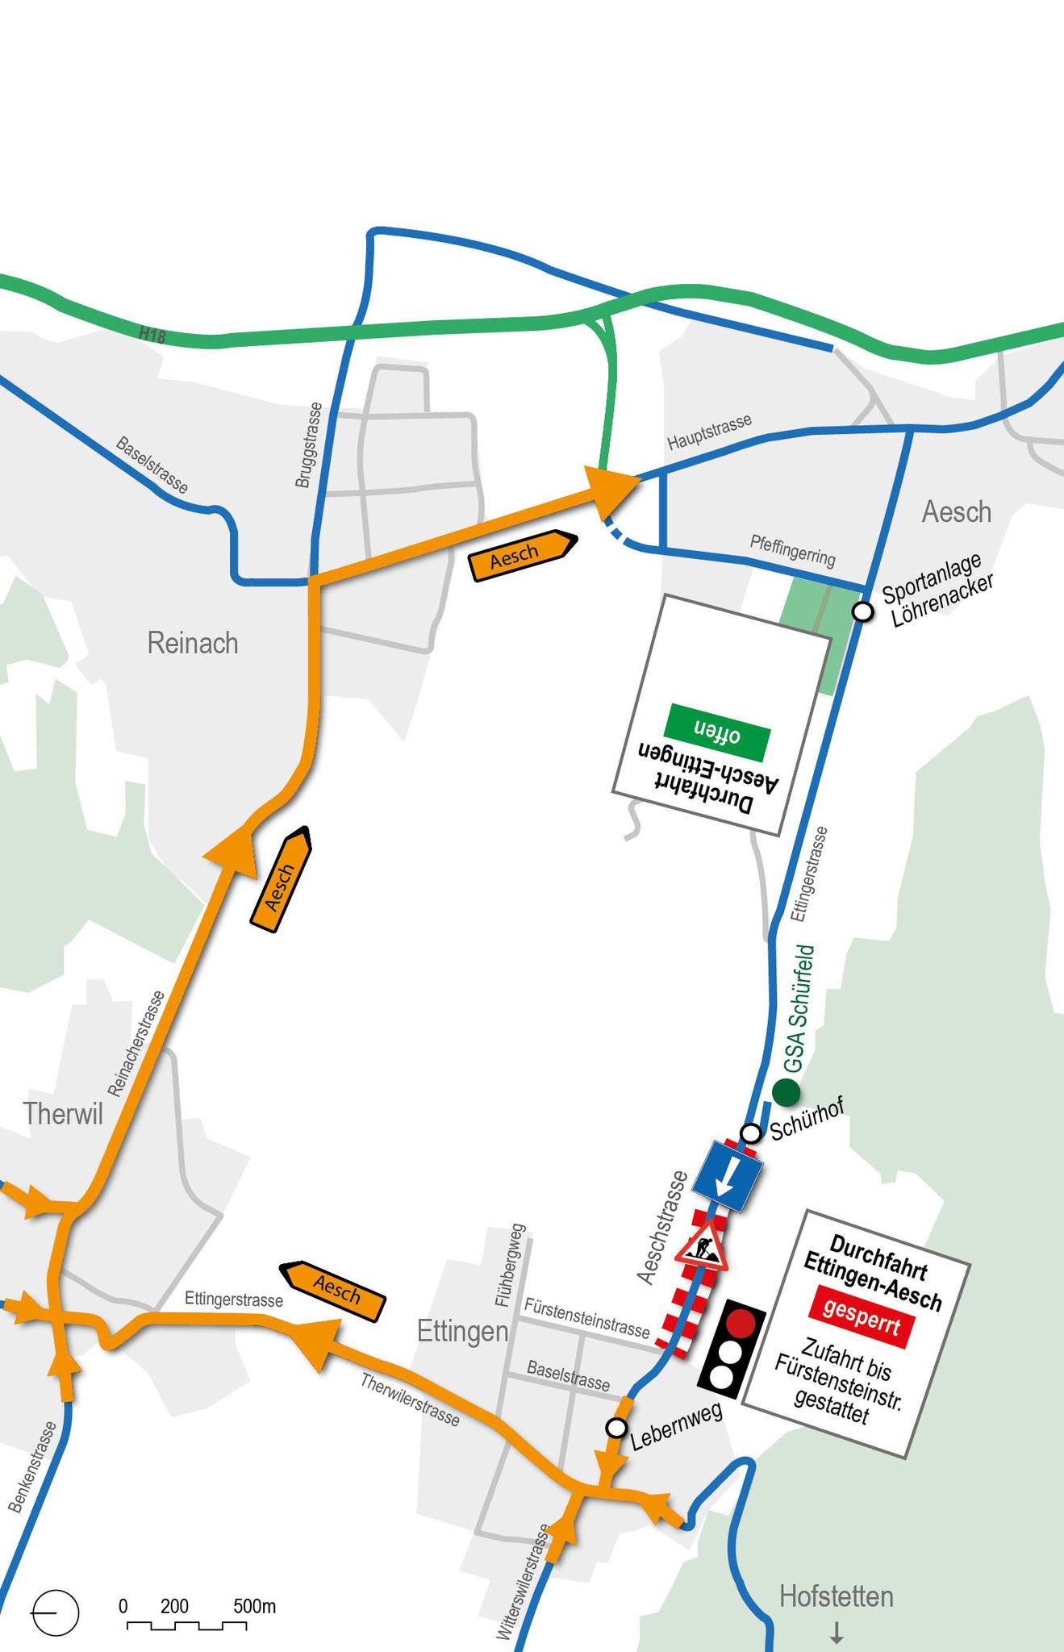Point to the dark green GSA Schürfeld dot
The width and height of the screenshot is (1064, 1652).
click(786, 1092)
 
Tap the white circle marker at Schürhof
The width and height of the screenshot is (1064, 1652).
click(751, 1133)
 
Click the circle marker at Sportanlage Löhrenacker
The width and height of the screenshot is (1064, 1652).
click(863, 611)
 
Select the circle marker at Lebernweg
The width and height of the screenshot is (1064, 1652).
click(616, 1428)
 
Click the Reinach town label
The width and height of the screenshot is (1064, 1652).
click(193, 643)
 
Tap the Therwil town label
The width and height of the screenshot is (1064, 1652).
click(63, 1113)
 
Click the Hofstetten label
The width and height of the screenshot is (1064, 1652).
click(836, 1596)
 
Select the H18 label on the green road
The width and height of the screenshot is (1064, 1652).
click(152, 335)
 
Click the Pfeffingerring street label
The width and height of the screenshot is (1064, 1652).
click(792, 551)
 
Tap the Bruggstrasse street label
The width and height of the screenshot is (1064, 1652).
click(307, 445)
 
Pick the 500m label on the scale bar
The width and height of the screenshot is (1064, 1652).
click(254, 1606)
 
